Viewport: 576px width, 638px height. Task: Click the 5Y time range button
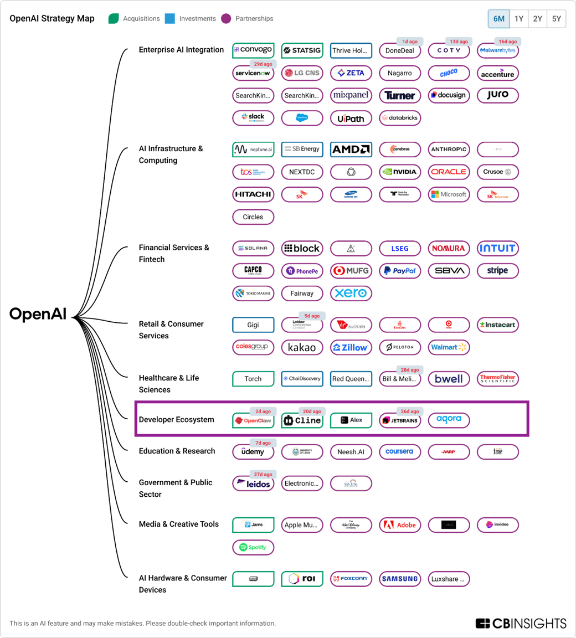(556, 19)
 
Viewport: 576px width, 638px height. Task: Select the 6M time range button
(499, 19)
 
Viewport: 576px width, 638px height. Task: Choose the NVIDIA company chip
(400, 172)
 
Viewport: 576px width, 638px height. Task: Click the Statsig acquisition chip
(302, 50)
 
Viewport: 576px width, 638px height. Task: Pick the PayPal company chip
(400, 271)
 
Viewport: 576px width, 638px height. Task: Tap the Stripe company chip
(497, 271)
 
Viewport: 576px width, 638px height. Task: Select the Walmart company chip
(449, 347)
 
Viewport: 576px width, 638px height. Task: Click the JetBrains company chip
(400, 420)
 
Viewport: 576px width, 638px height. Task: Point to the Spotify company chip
(253, 547)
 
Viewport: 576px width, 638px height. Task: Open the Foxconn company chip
(351, 579)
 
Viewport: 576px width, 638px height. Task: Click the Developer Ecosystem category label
(176, 420)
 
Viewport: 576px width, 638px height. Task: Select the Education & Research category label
(177, 451)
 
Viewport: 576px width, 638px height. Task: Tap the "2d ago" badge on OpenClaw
(263, 411)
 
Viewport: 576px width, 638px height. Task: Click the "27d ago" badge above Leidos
(263, 475)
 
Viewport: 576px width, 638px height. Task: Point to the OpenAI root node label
(38, 315)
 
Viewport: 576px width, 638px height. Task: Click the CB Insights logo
(521, 623)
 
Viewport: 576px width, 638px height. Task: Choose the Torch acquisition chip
(253, 379)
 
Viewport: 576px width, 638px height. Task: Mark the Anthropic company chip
(449, 150)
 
